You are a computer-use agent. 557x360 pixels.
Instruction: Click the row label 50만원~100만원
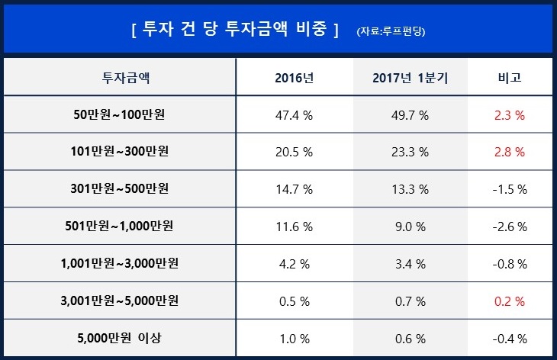pyautogui.click(x=121, y=115)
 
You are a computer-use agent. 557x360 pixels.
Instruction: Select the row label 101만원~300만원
pyautogui.click(x=121, y=152)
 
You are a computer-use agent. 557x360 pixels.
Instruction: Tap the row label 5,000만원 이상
pyautogui.click(x=121, y=338)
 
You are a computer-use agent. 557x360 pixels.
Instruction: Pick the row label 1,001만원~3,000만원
pyautogui.click(x=121, y=263)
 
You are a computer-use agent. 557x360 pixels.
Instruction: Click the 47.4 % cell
pyautogui.click(x=294, y=115)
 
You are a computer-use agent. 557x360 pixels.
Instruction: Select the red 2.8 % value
pyautogui.click(x=510, y=152)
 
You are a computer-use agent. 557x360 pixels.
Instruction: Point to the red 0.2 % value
pyautogui.click(x=510, y=301)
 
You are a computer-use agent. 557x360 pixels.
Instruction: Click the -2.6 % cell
pyautogui.click(x=510, y=227)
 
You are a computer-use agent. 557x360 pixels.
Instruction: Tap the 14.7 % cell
pyautogui.click(x=294, y=189)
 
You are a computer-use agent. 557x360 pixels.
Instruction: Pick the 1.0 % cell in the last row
pyautogui.click(x=294, y=338)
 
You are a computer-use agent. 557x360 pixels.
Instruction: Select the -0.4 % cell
pyautogui.click(x=510, y=338)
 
